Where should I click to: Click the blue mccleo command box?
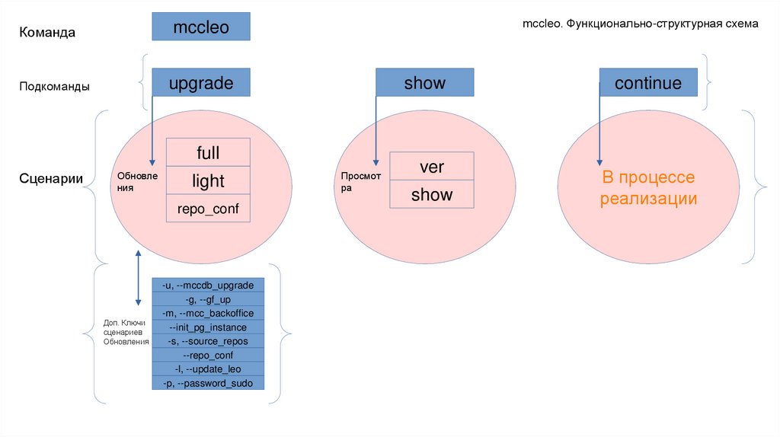pyautogui.click(x=200, y=27)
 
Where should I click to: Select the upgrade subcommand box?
pyautogui.click(x=200, y=82)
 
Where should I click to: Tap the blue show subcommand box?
pyautogui.click(x=424, y=82)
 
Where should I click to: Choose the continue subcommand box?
pyautogui.click(x=647, y=82)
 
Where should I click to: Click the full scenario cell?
pyautogui.click(x=208, y=153)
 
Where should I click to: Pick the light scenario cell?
pyautogui.click(x=208, y=180)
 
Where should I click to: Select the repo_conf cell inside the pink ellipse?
pyautogui.click(x=208, y=208)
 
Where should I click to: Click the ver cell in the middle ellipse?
pyautogui.click(x=431, y=166)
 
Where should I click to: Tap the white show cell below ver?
pyautogui.click(x=431, y=194)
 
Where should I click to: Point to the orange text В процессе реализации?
pyautogui.click(x=647, y=188)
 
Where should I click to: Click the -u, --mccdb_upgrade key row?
pyautogui.click(x=208, y=285)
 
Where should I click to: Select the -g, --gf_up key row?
pyautogui.click(x=208, y=299)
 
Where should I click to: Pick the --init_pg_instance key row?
pyautogui.click(x=208, y=327)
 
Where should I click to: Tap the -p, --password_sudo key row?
pyautogui.click(x=208, y=383)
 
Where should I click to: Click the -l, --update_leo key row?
pyautogui.click(x=208, y=368)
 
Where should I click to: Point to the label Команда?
pyautogui.click(x=47, y=32)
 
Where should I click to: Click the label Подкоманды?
pyautogui.click(x=54, y=87)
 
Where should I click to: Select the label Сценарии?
pyautogui.click(x=51, y=180)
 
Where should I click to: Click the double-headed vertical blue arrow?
pyautogui.click(x=138, y=278)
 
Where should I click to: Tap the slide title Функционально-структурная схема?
pyautogui.click(x=640, y=24)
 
